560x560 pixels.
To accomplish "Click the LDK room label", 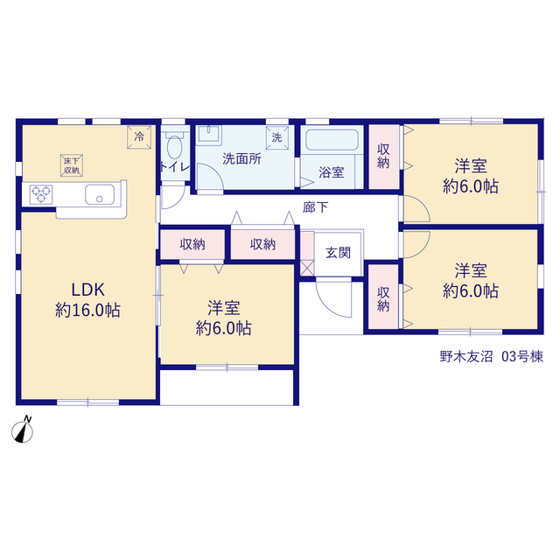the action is point(87,290).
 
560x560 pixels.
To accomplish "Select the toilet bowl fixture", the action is point(175,145).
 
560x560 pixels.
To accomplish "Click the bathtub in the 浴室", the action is point(332,140).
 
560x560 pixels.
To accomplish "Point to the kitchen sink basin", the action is point(100,194).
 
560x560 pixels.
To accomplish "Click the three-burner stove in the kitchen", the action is point(41,194).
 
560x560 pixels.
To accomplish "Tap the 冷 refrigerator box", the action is point(139,136).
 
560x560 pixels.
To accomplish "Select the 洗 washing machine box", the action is point(277,137).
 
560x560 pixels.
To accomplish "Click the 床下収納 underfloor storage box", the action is point(72,165).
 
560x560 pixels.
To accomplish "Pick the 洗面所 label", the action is point(241,159).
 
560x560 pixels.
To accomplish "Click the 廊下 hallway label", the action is point(315,207).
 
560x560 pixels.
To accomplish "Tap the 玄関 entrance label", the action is point(338,253).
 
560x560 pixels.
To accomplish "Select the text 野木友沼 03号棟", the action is point(492,356).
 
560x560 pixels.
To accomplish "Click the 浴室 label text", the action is point(332,172).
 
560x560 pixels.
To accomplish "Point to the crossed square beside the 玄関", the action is point(307,268).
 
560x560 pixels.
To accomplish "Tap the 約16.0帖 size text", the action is point(87,310).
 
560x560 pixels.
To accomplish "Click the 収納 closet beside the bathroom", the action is point(383,157).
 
